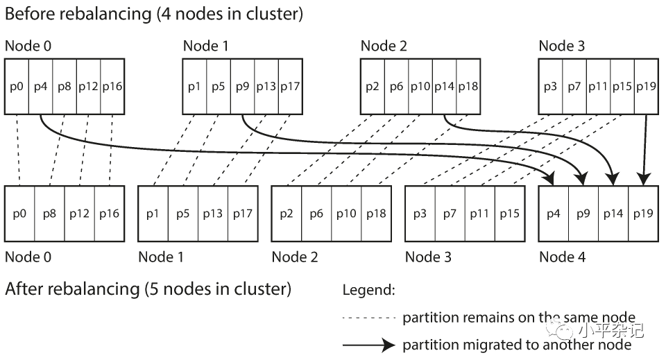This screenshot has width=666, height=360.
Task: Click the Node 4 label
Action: pyautogui.click(x=562, y=257)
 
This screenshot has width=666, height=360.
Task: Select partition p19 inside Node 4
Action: pyautogui.click(x=643, y=214)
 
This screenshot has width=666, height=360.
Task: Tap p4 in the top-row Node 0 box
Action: pyautogui.click(x=40, y=87)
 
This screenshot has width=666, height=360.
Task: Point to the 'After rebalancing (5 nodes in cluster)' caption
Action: pyautogui.click(x=148, y=289)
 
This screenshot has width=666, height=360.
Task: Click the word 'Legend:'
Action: pyautogui.click(x=368, y=291)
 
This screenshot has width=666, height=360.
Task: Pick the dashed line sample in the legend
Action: pyautogui.click(x=369, y=318)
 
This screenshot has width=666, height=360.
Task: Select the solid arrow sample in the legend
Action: pyautogui.click(x=369, y=345)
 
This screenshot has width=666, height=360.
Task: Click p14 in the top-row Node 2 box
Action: pyautogui.click(x=444, y=87)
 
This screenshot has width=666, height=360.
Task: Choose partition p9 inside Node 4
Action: pyautogui.click(x=583, y=214)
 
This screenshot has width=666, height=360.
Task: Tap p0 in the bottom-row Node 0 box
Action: pyautogui.click(x=20, y=214)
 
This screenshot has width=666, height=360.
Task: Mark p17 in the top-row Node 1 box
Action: pyautogui.click(x=290, y=87)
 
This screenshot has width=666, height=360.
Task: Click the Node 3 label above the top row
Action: pyautogui.click(x=561, y=46)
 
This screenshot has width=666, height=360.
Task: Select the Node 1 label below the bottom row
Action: pyautogui.click(x=161, y=257)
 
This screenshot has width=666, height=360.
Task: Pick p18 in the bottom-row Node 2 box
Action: pyautogui.click(x=376, y=214)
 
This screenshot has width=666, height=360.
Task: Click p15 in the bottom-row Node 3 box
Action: pyautogui.click(x=509, y=214)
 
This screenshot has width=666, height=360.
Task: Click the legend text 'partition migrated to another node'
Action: pyautogui.click(x=516, y=345)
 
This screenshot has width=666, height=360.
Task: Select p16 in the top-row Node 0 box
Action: pyautogui.click(x=112, y=87)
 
